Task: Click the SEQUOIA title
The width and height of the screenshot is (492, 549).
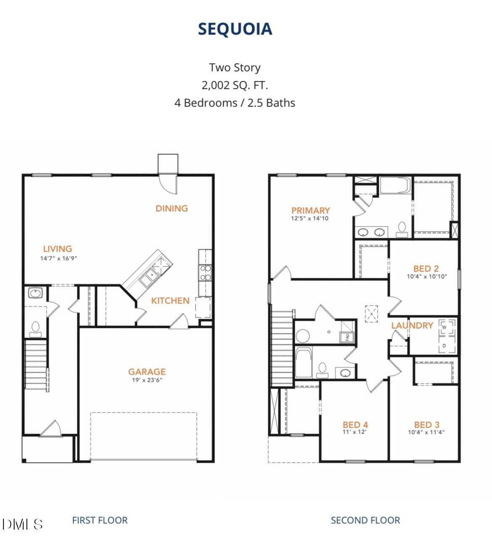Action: (x=235, y=29)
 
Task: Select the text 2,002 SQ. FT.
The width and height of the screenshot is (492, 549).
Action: (x=235, y=85)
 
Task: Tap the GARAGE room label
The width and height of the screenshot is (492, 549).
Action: (x=147, y=371)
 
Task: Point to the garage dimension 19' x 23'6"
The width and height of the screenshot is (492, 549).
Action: (x=147, y=380)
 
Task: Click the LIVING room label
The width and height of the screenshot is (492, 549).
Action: (x=58, y=248)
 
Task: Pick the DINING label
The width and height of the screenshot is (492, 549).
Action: (x=172, y=208)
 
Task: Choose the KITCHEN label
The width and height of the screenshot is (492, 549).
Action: (x=170, y=300)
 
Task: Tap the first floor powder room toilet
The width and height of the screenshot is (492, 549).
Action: (x=35, y=328)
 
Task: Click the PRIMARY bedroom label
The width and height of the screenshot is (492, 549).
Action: (x=310, y=210)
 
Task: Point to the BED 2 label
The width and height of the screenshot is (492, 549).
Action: (x=426, y=268)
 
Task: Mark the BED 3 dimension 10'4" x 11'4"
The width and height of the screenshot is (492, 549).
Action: (x=426, y=432)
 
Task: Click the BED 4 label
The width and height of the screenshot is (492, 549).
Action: (x=355, y=424)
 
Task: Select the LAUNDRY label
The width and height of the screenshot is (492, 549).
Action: (x=412, y=325)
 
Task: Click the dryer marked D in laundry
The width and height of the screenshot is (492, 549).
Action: (x=444, y=346)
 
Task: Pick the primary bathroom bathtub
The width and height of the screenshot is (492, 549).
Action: (x=395, y=185)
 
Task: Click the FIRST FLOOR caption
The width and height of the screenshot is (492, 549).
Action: (x=100, y=520)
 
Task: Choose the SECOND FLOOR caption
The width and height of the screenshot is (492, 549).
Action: (x=365, y=520)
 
